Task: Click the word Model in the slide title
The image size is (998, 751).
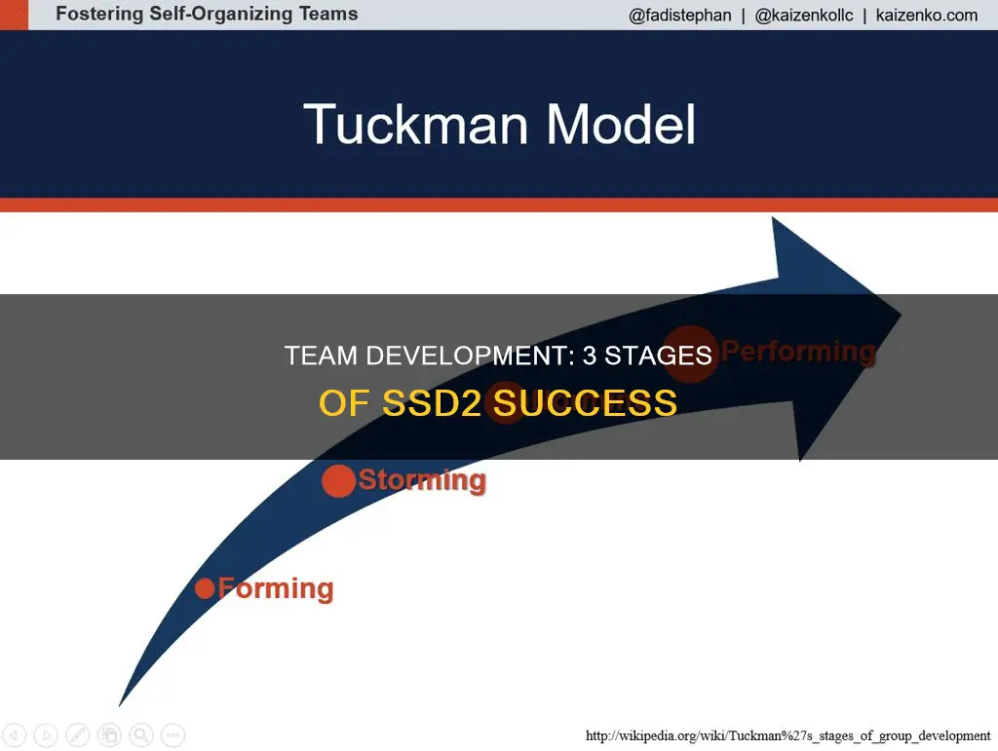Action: pos(621,125)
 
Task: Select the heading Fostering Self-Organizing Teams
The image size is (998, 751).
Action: pos(207,15)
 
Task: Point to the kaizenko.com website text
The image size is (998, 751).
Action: pos(928,16)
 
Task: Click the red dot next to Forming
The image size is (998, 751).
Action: pos(205,588)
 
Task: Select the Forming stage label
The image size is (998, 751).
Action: pos(276,588)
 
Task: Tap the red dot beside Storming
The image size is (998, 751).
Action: pos(338,481)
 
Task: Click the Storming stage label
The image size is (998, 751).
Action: pos(422,480)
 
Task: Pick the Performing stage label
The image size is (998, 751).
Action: pos(798,352)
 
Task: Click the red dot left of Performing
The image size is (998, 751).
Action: pos(691,352)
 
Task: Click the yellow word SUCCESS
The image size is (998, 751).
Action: pos(585,401)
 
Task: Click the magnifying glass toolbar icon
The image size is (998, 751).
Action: pos(141,734)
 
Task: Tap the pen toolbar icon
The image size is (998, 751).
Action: pos(79,734)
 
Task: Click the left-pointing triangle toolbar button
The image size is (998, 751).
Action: pos(17,734)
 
